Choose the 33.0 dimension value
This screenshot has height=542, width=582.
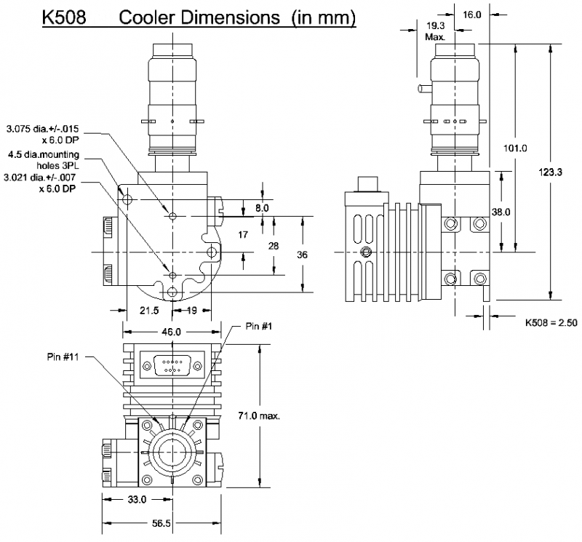(137, 500)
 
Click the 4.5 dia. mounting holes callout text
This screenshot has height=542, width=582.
(43, 159)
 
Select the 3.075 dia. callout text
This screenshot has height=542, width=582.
(43, 134)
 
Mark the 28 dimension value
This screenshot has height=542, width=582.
(274, 247)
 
